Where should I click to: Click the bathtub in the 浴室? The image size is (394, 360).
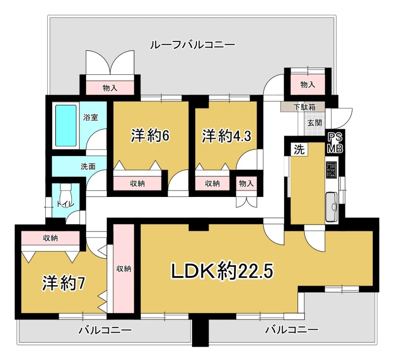click(x=66, y=126)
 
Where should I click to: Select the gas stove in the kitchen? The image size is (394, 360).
click(x=331, y=169)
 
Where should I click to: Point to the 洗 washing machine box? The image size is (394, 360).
click(x=299, y=150)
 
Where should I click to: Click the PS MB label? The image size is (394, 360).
click(x=335, y=143)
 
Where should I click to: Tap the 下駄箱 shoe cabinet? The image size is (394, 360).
click(x=302, y=107)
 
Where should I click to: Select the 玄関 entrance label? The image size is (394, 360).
click(x=315, y=123)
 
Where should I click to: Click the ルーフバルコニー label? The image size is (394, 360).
click(x=193, y=45)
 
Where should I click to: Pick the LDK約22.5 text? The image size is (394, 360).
click(x=222, y=271)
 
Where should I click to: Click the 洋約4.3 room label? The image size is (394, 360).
click(x=227, y=136)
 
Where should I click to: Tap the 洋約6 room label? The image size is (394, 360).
click(x=150, y=136)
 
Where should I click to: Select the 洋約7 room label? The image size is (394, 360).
click(x=64, y=283)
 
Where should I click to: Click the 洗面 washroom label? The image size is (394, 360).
click(x=88, y=166)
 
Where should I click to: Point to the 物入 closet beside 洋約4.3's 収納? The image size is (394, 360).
click(x=246, y=183)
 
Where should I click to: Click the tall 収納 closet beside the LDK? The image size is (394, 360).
click(x=124, y=268)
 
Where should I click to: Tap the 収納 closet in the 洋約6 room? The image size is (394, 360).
click(x=137, y=183)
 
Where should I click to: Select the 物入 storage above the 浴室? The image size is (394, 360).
click(x=110, y=88)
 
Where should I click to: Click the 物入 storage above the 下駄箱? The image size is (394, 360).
click(x=307, y=84)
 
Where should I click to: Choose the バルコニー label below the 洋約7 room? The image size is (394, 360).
click(x=105, y=330)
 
